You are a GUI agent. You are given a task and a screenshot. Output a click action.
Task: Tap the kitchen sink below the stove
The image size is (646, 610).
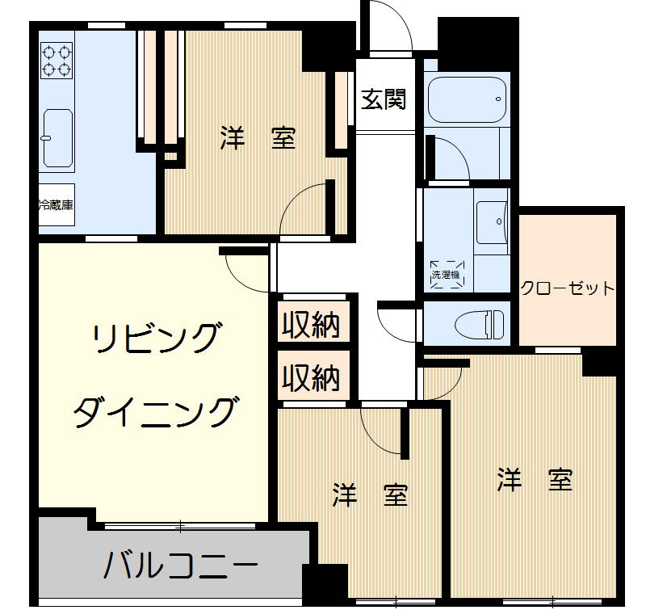pos(58,138)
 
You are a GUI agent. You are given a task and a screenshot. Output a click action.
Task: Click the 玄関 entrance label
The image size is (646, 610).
pos(383,100)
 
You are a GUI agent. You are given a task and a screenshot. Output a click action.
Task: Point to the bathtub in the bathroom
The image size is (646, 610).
pos(467,99)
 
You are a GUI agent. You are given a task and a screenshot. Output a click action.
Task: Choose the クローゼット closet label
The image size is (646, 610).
pos(567,288)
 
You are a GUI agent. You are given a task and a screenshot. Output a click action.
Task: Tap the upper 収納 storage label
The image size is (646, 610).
pos(311,326)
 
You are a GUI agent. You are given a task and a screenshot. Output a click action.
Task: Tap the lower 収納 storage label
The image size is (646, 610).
pos(311,377)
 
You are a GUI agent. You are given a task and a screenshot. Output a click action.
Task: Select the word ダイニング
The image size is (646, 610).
pos(157,413)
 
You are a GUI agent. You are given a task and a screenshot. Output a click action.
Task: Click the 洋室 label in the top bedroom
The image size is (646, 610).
pos(258,139)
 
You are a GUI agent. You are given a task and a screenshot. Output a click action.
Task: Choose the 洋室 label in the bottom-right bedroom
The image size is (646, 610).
pos(535,479)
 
